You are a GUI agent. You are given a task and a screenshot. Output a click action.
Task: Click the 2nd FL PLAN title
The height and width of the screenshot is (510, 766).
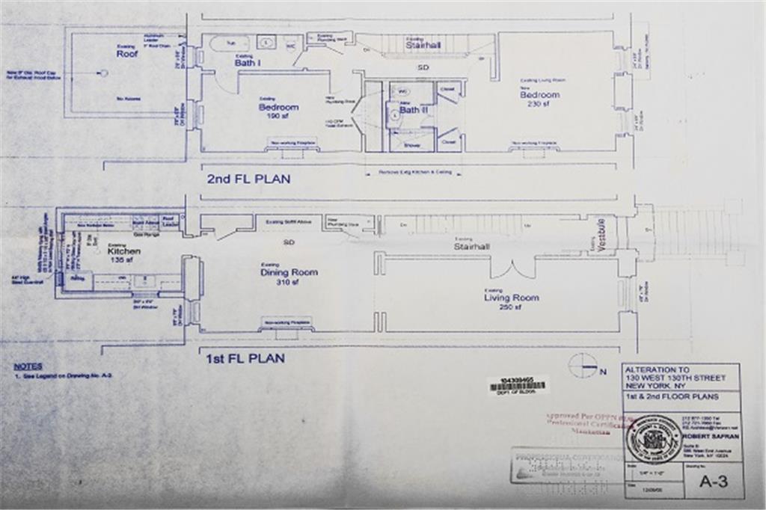coord(249,179)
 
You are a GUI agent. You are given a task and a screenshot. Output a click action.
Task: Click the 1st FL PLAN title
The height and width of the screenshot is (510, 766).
coord(245,358)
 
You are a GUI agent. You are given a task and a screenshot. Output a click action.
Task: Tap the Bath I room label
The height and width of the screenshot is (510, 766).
coord(247,63)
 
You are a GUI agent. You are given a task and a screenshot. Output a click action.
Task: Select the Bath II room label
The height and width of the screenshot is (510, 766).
coord(410,110)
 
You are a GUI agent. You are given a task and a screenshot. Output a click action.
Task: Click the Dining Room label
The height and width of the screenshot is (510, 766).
coord(289,274)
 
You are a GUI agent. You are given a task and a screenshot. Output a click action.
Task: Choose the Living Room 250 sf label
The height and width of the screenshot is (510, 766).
coord(511,298)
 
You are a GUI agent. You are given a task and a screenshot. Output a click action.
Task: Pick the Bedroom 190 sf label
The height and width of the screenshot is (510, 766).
coord(278,108)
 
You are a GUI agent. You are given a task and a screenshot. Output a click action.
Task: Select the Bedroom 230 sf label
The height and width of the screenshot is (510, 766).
coord(540,96)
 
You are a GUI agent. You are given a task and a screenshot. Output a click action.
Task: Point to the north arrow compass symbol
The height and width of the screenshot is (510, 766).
coord(583,365)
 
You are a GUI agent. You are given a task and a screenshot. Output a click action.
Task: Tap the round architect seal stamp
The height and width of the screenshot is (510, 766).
coord(652,439)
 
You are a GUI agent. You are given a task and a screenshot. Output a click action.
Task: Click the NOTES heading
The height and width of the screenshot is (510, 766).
coord(28,367)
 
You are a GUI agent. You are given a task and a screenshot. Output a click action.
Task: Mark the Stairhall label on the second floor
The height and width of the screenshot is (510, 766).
coord(425,45)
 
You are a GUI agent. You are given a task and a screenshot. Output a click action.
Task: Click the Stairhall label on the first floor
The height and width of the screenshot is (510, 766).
coord(472,245)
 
